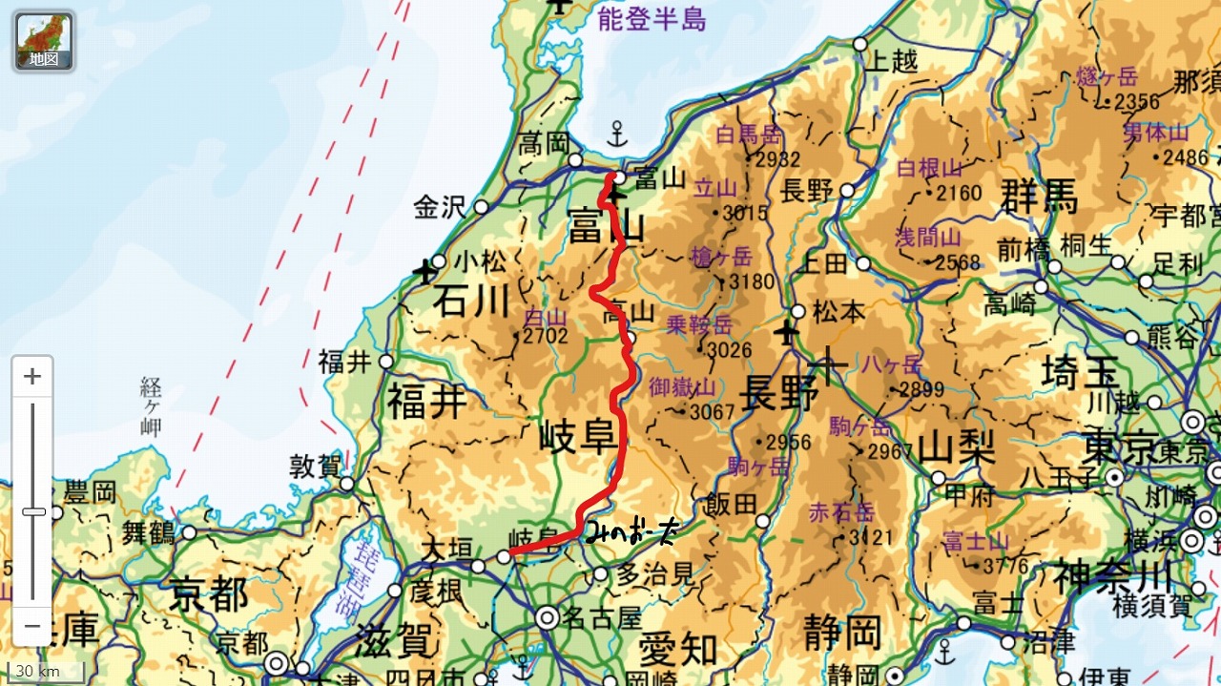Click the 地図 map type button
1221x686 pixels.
44,42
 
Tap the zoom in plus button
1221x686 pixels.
32,377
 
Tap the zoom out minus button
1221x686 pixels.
32,626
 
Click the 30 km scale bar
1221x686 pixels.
43,671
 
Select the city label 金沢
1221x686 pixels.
438,207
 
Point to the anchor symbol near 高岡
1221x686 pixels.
617,133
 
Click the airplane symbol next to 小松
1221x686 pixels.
424,271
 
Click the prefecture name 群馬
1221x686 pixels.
1040,197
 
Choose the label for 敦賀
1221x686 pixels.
315,467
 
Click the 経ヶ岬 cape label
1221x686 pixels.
151,406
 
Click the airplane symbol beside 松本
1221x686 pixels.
786,333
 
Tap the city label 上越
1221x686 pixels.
891,62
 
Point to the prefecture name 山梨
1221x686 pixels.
957,446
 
